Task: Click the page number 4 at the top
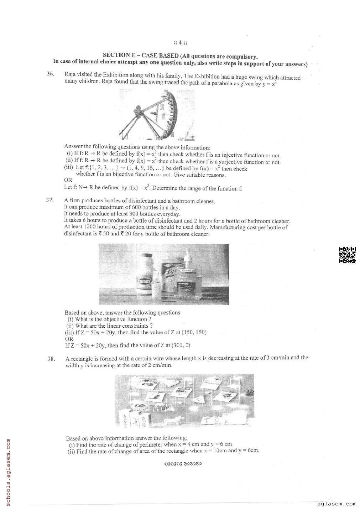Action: (181, 43)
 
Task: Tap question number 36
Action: (50, 74)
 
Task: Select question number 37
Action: (50, 200)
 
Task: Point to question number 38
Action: (51, 359)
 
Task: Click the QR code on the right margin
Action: (347, 255)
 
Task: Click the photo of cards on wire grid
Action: (184, 400)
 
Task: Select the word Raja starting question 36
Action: (69, 75)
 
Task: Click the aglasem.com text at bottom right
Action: (336, 504)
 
